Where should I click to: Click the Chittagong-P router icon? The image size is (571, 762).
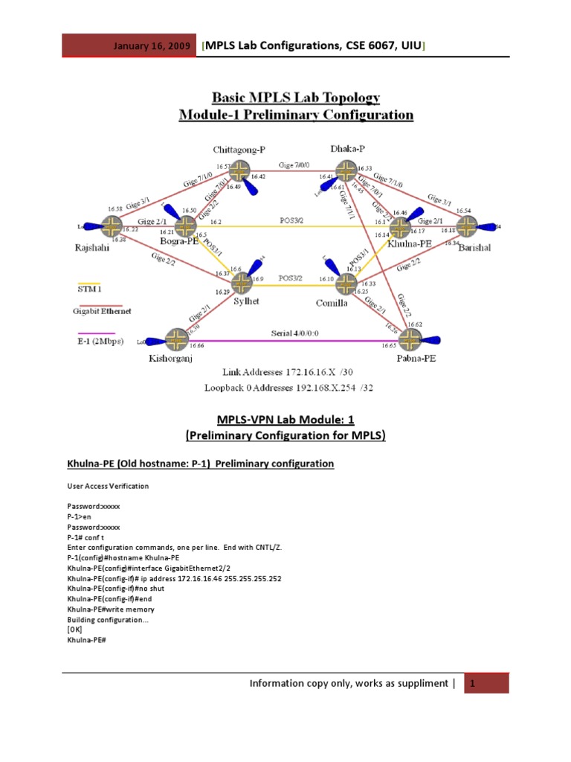point(239,171)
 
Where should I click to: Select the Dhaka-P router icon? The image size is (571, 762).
point(345,172)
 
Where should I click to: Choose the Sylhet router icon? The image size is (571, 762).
point(242,283)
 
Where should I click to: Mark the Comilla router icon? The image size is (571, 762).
point(345,283)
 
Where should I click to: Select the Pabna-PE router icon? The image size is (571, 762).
point(410,340)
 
